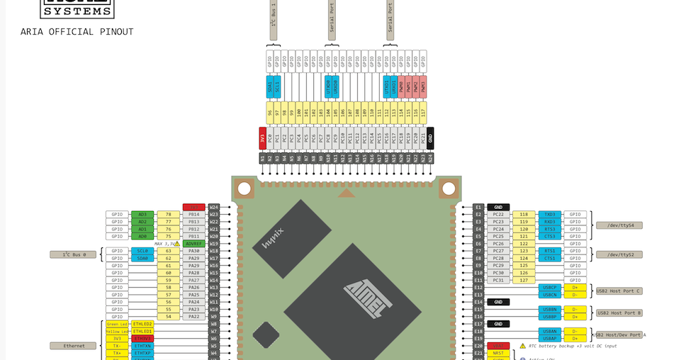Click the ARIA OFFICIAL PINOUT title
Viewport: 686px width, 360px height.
point(77,32)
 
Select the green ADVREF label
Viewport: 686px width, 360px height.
point(193,244)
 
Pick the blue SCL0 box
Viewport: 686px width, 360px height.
point(142,251)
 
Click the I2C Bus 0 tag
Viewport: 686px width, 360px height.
point(73,254)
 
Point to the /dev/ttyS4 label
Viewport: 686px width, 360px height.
point(619,225)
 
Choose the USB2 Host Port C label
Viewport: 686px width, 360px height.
point(618,291)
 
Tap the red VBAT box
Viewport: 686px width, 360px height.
point(498,346)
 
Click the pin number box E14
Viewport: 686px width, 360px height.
point(478,302)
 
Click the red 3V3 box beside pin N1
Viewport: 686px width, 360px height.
point(262,138)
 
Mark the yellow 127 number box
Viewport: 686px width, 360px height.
point(524,280)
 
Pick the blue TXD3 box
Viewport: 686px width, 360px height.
point(549,214)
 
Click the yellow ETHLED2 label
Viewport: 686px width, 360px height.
point(142,324)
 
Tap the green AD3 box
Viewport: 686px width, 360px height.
point(142,214)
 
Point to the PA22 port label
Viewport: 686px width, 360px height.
point(193,317)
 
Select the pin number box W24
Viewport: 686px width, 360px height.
point(213,207)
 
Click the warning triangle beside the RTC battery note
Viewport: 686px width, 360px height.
point(522,346)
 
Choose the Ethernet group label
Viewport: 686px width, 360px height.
point(73,346)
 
